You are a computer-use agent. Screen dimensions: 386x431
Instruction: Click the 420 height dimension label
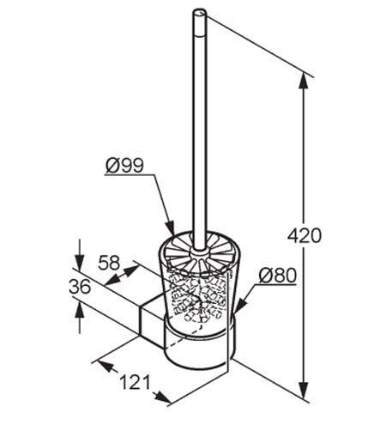click(x=305, y=235)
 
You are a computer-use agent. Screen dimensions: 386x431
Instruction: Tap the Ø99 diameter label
click(x=124, y=165)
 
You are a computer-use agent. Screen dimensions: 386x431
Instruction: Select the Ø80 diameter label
click(x=278, y=276)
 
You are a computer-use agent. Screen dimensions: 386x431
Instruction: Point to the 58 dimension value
click(x=109, y=263)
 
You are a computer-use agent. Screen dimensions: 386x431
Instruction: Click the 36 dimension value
click(x=80, y=287)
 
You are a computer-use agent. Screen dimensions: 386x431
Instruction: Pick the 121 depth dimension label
click(x=135, y=382)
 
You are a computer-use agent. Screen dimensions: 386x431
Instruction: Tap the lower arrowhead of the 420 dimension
click(x=304, y=390)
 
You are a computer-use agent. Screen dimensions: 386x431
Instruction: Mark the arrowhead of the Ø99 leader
click(x=170, y=228)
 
